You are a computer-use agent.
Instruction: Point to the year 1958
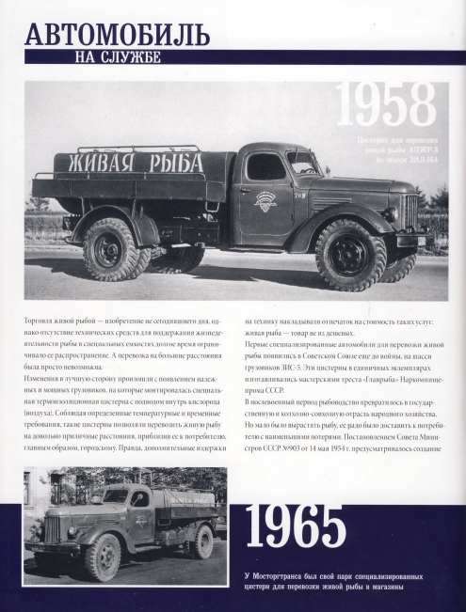[x=387, y=107]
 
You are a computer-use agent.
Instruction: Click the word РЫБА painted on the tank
[x=174, y=163]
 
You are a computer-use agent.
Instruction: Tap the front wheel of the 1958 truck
[x=349, y=254]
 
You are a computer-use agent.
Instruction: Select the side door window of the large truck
[x=265, y=167]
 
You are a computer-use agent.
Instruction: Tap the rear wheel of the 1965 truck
[x=197, y=544]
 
